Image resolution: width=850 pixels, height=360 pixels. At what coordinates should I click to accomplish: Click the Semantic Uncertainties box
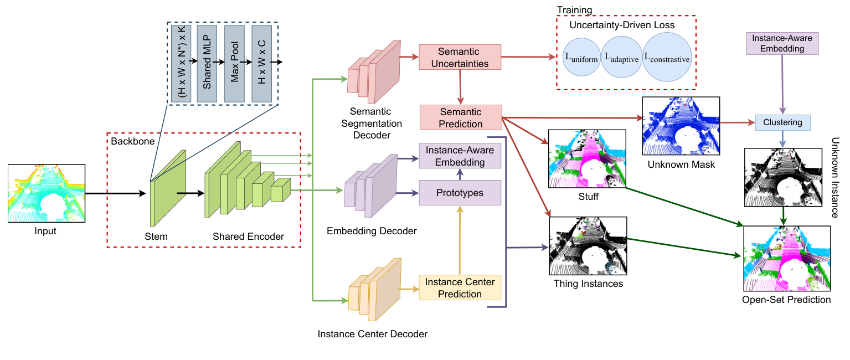[460, 57]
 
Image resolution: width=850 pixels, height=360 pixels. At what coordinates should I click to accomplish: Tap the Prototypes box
[460, 193]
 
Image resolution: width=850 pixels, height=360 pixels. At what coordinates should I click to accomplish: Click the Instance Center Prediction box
[460, 287]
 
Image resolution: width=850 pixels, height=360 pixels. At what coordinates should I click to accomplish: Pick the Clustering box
[783, 122]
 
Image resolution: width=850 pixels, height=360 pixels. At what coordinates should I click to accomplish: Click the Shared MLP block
[207, 63]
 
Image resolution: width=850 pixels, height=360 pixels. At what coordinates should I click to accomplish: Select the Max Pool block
[234, 63]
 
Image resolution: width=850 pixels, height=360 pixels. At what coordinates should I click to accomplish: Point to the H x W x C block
[261, 63]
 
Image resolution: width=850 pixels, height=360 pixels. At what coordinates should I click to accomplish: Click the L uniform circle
[581, 58]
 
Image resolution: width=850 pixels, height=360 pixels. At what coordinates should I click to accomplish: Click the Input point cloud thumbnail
[46, 193]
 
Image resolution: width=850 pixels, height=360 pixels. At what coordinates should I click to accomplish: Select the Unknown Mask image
[681, 126]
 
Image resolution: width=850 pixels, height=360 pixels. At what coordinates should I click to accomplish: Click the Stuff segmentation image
[586, 158]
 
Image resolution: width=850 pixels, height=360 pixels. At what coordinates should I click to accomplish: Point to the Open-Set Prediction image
[786, 258]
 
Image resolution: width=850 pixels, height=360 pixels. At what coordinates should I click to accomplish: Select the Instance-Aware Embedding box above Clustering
[783, 43]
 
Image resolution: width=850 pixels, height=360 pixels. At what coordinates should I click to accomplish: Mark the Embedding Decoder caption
[372, 231]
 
